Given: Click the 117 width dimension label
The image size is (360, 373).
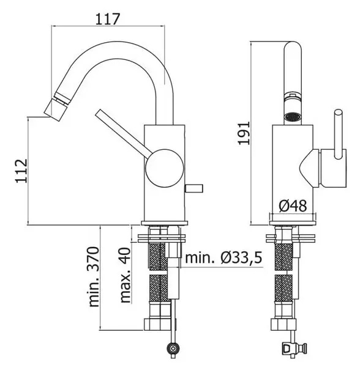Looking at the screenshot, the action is click(107, 19).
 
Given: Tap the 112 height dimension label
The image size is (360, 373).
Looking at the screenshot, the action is click(21, 171).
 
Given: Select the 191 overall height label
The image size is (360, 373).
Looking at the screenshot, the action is click(244, 133).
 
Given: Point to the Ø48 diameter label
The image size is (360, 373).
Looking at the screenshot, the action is click(293, 206).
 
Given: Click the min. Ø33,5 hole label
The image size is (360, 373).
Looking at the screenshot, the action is click(223, 257).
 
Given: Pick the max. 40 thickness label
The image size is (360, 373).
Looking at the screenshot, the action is click(126, 275).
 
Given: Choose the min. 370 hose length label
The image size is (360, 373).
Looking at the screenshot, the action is click(94, 277).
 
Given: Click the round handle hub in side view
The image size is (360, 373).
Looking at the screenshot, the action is click(165, 168).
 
